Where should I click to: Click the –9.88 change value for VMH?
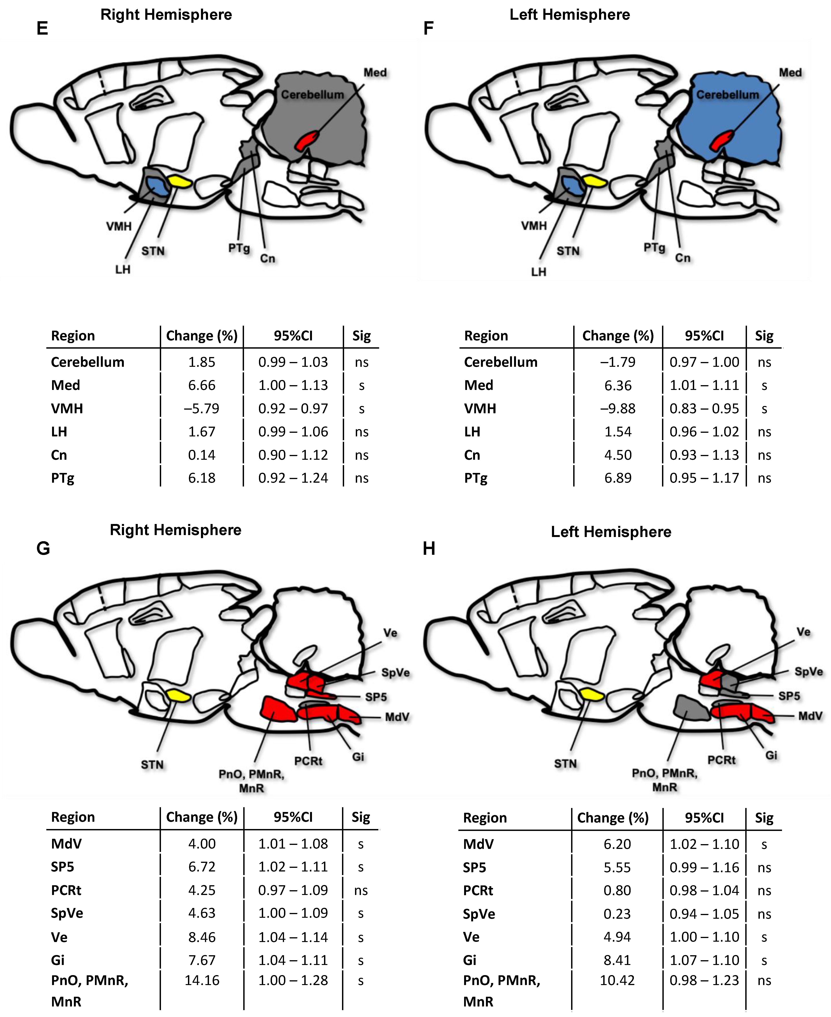click(x=617, y=408)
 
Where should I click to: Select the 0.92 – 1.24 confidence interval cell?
click(x=293, y=478)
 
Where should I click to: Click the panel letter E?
click(x=42, y=29)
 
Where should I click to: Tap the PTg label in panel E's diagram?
click(x=239, y=248)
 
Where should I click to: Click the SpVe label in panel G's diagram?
click(x=395, y=673)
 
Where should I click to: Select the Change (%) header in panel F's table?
click(x=617, y=336)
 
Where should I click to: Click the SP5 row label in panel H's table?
click(x=474, y=867)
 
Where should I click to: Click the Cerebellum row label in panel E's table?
click(x=88, y=362)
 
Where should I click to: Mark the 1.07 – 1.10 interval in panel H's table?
click(x=704, y=960)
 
